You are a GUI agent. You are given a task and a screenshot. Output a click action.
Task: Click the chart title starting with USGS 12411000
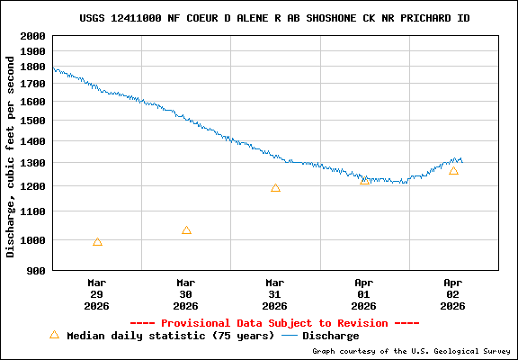coord(274,18)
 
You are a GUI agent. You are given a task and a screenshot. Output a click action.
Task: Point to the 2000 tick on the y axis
coord(32,36)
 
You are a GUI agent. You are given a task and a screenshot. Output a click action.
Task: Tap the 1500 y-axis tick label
coord(32,121)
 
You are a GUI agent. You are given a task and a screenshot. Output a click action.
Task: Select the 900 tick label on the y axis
coord(36,270)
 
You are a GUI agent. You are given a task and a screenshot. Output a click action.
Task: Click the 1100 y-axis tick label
coord(32,211)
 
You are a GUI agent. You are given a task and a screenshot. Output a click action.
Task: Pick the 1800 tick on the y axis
coord(32,67)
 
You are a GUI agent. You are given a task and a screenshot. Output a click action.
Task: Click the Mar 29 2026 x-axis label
coord(97,293)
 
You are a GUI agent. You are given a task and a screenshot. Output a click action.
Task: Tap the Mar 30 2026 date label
coord(186,293)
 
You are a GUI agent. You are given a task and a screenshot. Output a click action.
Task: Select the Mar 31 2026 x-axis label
coord(275,293)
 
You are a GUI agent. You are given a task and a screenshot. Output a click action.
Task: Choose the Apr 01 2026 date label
coord(364,293)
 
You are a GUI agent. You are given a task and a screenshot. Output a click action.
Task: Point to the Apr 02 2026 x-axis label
coord(453,293)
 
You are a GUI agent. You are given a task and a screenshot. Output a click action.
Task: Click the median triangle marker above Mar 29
coord(97,242)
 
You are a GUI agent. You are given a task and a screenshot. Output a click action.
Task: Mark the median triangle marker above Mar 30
coord(186,230)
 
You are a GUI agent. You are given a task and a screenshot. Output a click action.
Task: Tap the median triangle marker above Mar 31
coord(275,188)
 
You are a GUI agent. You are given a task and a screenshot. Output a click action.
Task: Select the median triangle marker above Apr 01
coord(364,181)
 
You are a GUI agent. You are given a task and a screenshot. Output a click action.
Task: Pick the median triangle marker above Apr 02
coord(453,171)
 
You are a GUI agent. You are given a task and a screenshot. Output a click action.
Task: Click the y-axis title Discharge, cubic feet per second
coord(11,157)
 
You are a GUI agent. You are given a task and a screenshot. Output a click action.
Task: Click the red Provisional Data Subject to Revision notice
coord(274,322)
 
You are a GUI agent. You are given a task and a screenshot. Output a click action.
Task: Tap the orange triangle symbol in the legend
coord(54,335)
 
